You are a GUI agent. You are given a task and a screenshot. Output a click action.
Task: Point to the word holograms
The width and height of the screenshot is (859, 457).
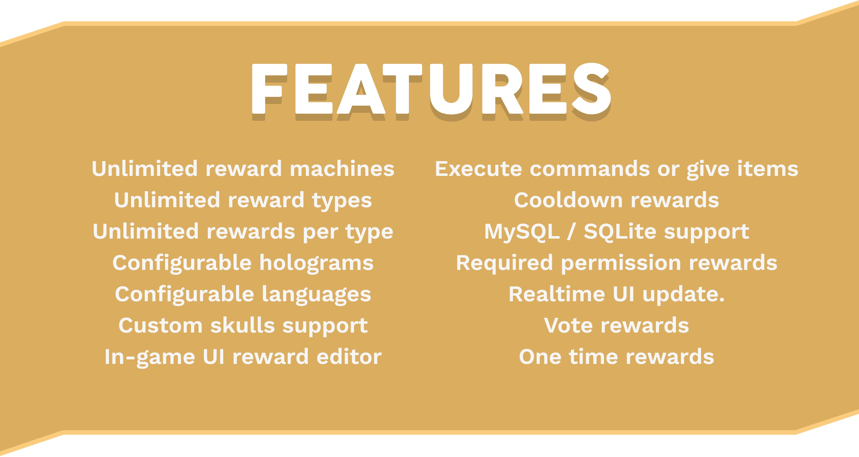click(317, 263)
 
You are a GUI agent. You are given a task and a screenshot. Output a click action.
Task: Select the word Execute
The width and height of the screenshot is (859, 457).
click(478, 169)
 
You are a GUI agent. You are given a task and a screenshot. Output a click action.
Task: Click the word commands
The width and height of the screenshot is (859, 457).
click(590, 169)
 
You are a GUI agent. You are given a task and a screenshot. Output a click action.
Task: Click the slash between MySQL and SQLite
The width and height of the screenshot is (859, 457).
click(572, 231)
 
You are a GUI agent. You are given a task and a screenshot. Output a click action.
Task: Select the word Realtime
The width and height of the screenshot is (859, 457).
click(557, 294)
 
